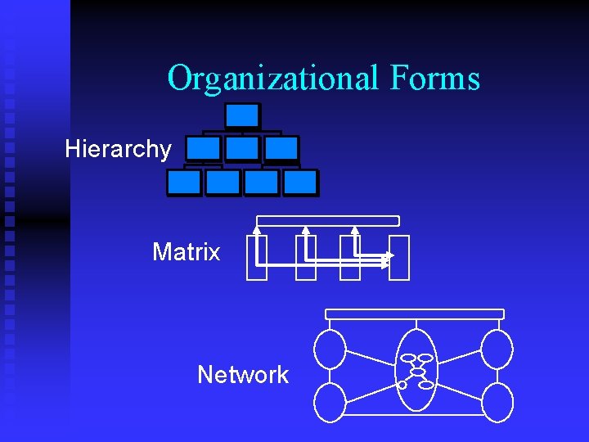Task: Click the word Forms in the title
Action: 434,79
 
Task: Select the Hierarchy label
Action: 119,149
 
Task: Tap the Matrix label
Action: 187,252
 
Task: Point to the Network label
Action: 243,375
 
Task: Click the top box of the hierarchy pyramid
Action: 242,115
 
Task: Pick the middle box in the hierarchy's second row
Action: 242,148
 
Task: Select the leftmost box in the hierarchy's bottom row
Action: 184,182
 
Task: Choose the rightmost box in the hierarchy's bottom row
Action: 300,182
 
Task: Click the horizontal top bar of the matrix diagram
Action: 328,221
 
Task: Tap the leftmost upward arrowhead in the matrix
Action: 257,231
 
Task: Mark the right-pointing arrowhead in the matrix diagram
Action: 389,256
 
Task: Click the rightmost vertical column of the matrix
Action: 399,258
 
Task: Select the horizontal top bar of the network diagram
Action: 415,314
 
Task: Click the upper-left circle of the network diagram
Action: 330,349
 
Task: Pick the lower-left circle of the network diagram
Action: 330,402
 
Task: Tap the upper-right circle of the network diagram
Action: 497,349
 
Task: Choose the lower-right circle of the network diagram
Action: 497,402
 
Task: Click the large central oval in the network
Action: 416,370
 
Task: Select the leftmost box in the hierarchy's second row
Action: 203,148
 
